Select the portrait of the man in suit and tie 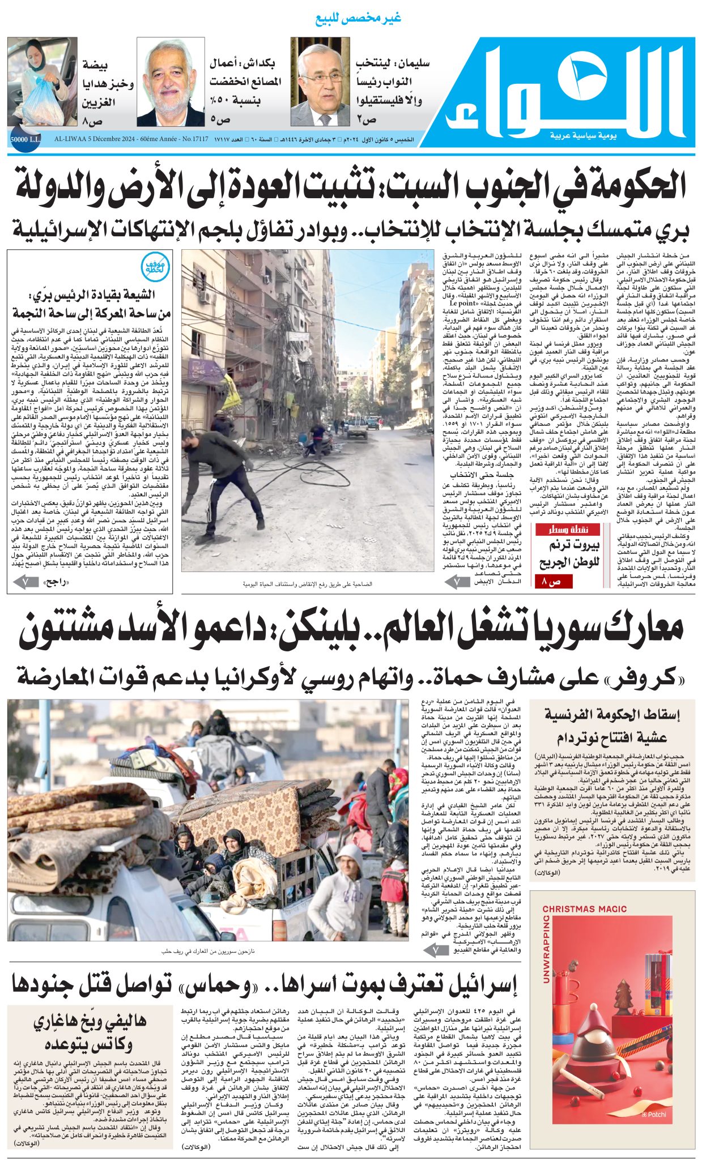(320, 82)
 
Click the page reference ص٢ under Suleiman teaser (367, 120)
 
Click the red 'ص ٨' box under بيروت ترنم (554, 581)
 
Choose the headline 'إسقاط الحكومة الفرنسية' (612, 714)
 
